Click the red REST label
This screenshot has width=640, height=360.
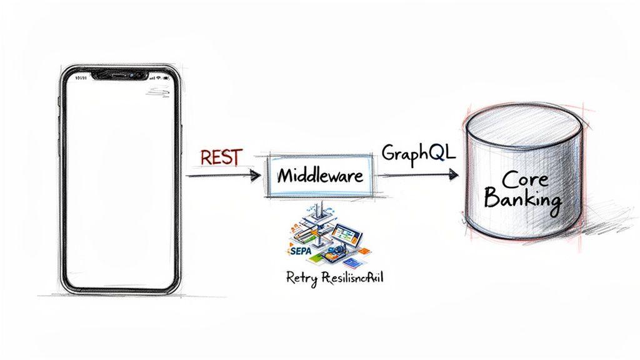(221, 157)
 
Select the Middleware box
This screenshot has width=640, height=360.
(319, 176)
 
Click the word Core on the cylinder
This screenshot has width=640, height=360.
(524, 179)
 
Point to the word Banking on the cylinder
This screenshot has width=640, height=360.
(522, 201)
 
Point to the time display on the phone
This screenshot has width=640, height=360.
(82, 78)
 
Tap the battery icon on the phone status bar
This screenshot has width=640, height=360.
(166, 78)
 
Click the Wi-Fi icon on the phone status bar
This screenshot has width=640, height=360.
(159, 78)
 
